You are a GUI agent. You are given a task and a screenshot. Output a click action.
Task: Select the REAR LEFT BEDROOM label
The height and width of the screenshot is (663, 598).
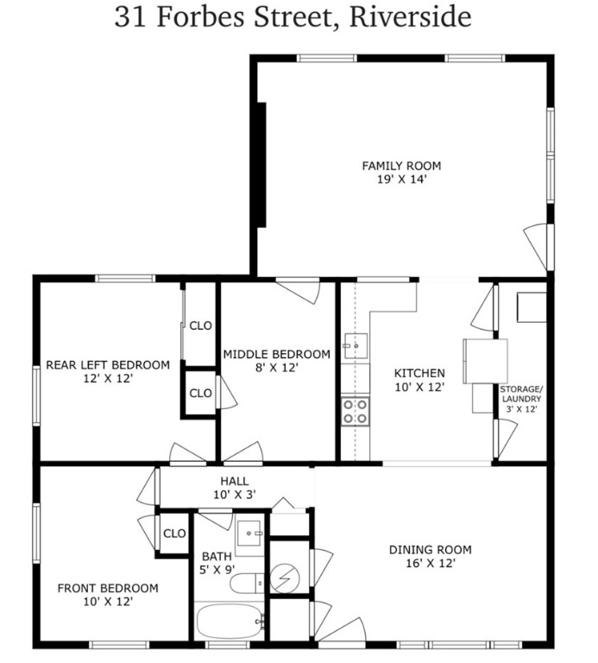107,363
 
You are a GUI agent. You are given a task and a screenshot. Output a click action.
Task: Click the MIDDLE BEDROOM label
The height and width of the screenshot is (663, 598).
276,354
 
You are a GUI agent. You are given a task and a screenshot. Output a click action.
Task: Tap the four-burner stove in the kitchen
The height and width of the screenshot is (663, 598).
354,411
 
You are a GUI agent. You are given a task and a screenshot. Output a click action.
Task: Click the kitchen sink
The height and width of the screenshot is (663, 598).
354,348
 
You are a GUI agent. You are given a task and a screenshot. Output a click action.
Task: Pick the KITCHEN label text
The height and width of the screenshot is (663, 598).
419,373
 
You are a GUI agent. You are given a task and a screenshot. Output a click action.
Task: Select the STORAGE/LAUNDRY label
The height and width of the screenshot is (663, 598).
520,394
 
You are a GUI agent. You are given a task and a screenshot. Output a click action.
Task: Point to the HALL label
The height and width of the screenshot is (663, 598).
234,481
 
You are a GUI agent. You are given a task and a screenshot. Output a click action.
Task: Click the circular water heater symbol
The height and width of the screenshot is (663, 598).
289,575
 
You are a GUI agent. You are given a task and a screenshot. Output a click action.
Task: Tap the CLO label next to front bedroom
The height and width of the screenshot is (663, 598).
174,534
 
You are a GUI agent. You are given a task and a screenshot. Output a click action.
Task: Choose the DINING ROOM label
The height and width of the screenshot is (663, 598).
430,549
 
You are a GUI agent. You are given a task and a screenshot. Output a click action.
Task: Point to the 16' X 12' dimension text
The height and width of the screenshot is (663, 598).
430,563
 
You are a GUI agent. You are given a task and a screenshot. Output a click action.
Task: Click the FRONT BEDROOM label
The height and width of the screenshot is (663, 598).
108,588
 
